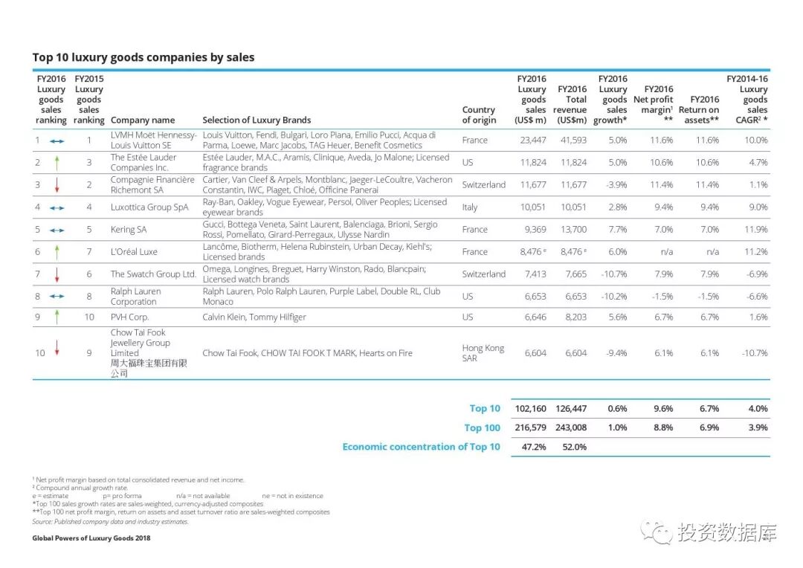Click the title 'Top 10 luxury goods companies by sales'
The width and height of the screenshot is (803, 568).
coord(143,57)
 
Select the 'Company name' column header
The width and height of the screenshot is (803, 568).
coord(143,120)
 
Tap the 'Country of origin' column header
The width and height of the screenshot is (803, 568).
coord(478,114)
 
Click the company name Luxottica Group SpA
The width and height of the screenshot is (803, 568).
coord(149,207)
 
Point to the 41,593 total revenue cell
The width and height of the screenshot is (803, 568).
coord(573,140)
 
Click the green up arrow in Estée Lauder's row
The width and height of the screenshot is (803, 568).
coord(57,162)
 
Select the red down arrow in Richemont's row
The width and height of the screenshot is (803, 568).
coord(57,184)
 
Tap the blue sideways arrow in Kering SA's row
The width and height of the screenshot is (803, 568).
coord(57,230)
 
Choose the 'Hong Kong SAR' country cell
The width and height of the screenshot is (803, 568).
coord(483,353)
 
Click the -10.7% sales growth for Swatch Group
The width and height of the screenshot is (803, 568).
coord(613,274)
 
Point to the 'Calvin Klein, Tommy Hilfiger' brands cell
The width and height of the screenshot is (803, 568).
coord(254,317)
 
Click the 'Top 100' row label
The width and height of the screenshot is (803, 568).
coord(482,427)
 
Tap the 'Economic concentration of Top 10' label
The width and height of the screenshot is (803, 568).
coord(421,447)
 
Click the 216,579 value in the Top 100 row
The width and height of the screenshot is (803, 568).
coord(529,427)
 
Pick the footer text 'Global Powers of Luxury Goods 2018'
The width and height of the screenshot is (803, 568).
coord(91,538)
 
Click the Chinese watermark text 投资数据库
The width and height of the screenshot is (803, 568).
coord(726,532)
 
